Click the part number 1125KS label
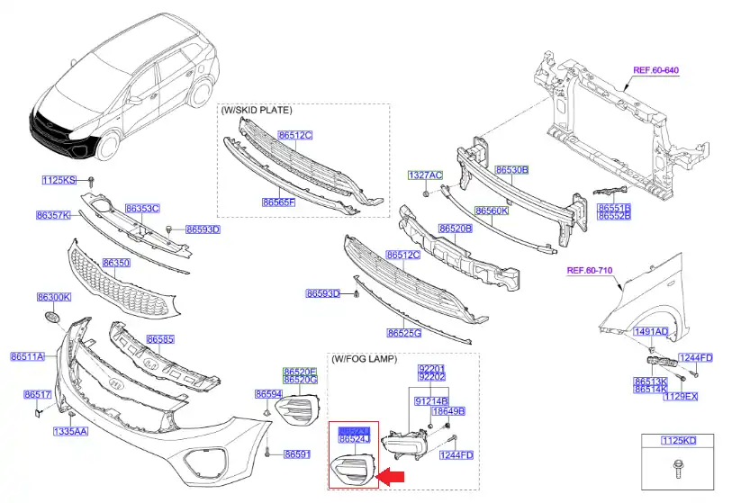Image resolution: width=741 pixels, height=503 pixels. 60,181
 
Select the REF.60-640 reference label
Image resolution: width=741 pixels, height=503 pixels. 655,69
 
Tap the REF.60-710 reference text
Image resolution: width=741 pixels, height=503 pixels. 590,270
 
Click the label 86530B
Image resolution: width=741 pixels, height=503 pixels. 511,169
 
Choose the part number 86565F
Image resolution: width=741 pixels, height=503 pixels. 278,202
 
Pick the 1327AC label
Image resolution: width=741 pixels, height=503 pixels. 425,175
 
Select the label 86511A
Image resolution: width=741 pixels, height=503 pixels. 27,356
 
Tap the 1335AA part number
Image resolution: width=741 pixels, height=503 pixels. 69,432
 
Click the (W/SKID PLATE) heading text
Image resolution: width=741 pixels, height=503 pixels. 257,110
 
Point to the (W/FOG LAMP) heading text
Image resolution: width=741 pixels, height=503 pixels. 364,359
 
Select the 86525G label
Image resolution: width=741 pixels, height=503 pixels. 404,333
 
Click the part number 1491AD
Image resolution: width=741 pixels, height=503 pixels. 650,332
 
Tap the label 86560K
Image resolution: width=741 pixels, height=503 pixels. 492,211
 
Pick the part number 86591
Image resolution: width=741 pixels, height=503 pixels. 297,454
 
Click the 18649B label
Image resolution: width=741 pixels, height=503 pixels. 447,411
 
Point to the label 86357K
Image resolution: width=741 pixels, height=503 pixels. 54,216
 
